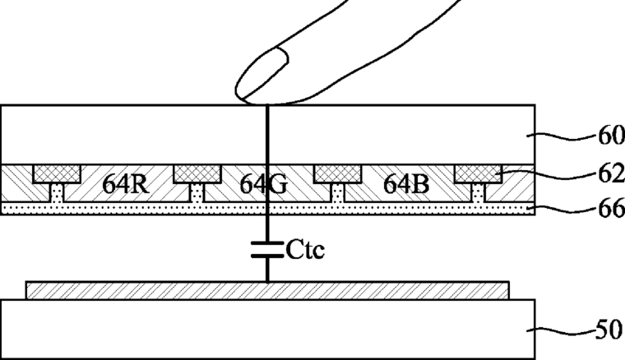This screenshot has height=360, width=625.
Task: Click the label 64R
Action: (x=125, y=184)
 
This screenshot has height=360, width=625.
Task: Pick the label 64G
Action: (x=264, y=185)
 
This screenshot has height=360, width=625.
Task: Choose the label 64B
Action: (x=406, y=184)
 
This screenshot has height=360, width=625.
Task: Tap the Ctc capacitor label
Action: (x=306, y=249)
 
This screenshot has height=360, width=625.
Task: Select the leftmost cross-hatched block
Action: (x=56, y=173)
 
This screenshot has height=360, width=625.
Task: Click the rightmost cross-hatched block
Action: (x=479, y=173)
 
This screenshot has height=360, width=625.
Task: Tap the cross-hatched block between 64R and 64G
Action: (x=197, y=173)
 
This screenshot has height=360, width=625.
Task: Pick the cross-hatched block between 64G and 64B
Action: (x=338, y=173)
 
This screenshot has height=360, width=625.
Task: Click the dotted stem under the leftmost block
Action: (x=56, y=193)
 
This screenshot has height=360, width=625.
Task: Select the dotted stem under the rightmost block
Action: (x=479, y=193)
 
